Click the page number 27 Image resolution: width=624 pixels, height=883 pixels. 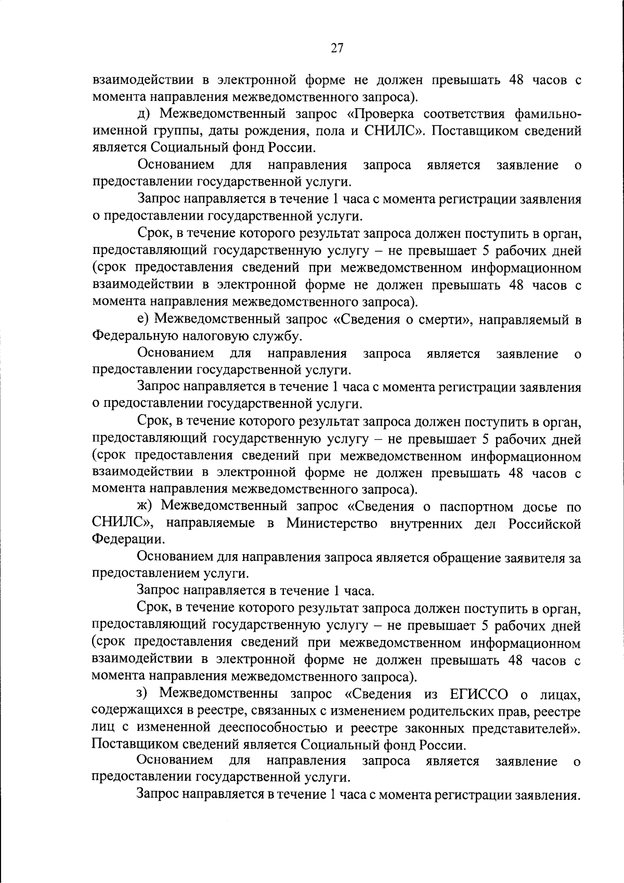click(x=337, y=48)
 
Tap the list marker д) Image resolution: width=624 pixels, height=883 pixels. click(x=144, y=114)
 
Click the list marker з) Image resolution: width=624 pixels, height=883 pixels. click(x=143, y=694)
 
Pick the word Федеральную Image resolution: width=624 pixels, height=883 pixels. click(x=135, y=336)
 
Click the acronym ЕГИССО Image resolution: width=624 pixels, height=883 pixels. click(x=471, y=694)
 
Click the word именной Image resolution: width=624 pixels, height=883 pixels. click(x=121, y=131)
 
